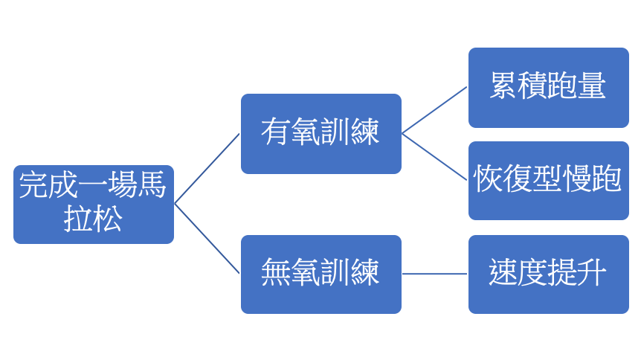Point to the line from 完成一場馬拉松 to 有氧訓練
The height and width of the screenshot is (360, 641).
pyautogui.click(x=207, y=168)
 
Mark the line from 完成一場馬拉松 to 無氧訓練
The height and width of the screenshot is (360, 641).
pyautogui.click(x=207, y=239)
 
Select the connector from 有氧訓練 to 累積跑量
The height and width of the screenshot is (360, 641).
pyautogui.click(x=435, y=110)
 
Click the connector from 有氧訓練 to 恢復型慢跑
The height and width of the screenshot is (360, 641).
pyautogui.click(x=435, y=156)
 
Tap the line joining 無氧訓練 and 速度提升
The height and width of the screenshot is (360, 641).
pyautogui.click(x=435, y=274)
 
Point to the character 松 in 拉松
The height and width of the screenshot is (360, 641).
pyautogui.click(x=108, y=219)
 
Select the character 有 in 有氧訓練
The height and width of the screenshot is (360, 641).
pyautogui.click(x=275, y=133)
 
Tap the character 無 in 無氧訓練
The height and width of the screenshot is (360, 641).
pyautogui.click(x=275, y=273)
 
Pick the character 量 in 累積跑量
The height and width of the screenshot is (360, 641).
pyautogui.click(x=591, y=86)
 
